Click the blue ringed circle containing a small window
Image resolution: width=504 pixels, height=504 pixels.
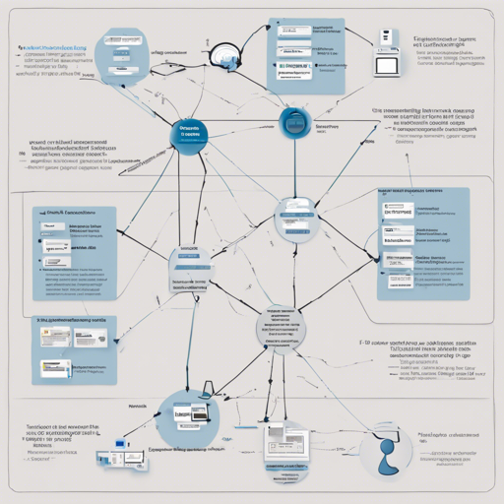(293, 123)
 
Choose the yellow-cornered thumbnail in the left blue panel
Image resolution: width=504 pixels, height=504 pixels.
(45, 337)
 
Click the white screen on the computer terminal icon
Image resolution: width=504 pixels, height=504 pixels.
(388, 65)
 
